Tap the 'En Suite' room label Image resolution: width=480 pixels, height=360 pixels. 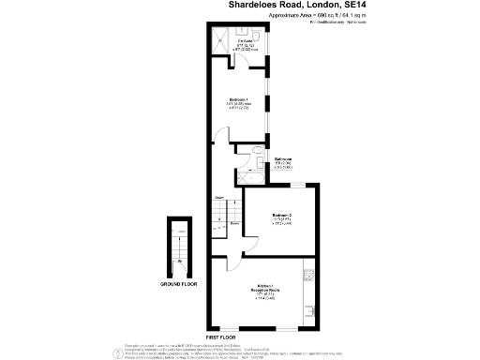coord(243,41)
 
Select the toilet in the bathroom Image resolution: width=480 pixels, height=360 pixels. coord(255,151)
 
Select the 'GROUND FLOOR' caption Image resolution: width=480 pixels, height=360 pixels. coord(177,283)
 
